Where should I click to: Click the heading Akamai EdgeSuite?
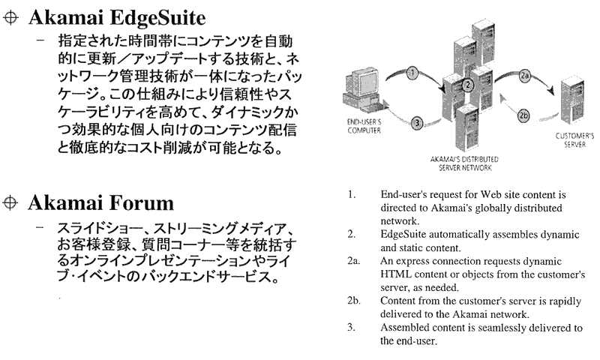(x=116, y=16)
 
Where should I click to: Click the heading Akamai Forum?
(x=100, y=202)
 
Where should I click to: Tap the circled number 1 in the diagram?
(x=412, y=73)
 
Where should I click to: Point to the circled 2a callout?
(x=525, y=75)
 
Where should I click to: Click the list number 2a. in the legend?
(x=354, y=261)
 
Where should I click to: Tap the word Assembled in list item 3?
(x=406, y=328)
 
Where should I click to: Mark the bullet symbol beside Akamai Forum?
(x=10, y=202)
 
